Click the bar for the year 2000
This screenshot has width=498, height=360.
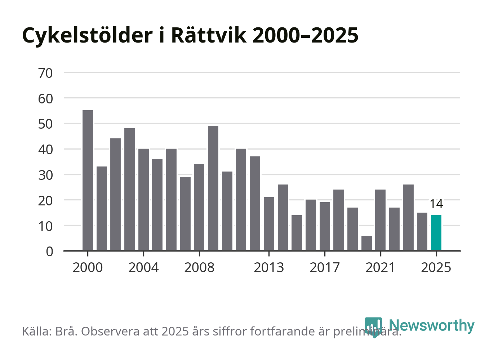88,180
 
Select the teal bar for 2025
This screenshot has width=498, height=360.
436,233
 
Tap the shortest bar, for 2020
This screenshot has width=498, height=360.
366,243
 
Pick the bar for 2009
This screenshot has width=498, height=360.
213,188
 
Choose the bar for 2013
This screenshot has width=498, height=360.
269,223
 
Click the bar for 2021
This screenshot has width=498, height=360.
380,220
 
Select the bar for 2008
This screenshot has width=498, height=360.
199,207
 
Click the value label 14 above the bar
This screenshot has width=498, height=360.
436,204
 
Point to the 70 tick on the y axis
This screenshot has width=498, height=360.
45,73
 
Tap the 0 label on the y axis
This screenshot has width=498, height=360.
49,252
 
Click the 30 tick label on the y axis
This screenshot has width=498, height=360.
45,175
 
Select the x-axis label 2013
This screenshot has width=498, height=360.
269,268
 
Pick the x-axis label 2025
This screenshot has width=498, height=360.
436,268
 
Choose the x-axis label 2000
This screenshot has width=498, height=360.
88,268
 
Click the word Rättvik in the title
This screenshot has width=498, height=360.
209,35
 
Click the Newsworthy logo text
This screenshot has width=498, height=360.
431,325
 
